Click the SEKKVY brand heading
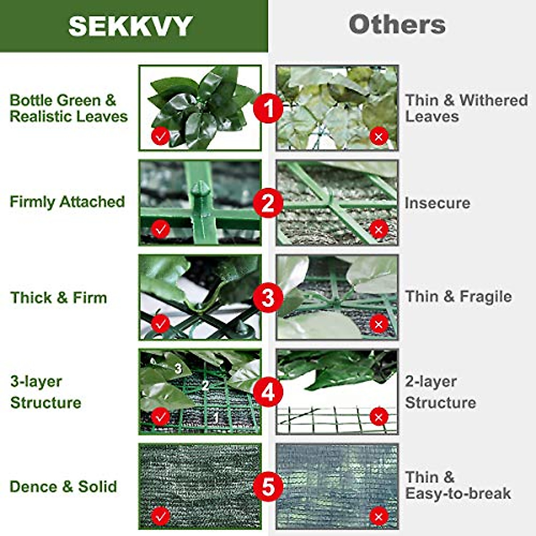[130, 26]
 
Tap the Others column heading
[397, 25]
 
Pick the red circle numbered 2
[268, 203]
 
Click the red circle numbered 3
[268, 297]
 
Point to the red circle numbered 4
[268, 392]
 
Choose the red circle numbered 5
[268, 486]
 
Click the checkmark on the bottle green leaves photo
[160, 136]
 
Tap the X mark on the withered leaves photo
[379, 136]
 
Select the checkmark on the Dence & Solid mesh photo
[160, 517]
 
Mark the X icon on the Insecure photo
[379, 230]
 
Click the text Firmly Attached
[67, 202]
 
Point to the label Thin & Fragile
[458, 297]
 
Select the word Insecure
[437, 203]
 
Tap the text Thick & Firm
[59, 297]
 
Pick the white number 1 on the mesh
[216, 418]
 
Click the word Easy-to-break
[458, 494]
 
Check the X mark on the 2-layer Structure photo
[379, 418]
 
